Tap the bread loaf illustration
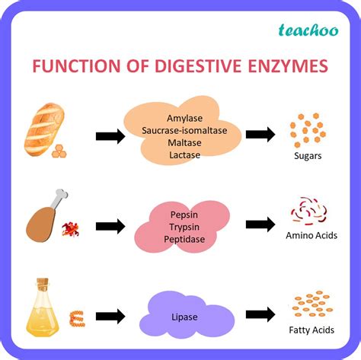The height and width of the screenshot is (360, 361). point(44,127)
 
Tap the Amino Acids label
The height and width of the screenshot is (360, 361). point(311,236)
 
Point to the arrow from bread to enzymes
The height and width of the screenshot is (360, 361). point(110,136)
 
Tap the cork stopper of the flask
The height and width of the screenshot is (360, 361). point(42,283)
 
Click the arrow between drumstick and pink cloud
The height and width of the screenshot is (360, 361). point(110,226)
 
